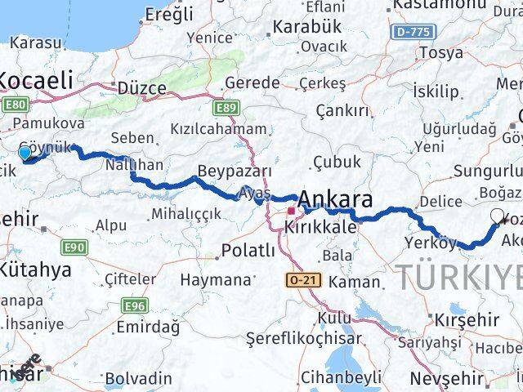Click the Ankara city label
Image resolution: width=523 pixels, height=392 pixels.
(336, 199)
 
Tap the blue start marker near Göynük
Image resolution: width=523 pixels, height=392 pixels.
(25, 153)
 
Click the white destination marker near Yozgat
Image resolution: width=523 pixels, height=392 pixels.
(498, 216)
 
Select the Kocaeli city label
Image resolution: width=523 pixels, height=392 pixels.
(36, 80)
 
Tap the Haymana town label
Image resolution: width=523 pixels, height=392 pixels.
(215, 279)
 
